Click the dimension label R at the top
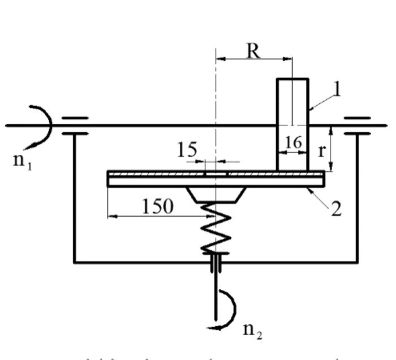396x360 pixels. click(x=253, y=51)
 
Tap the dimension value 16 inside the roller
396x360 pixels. click(x=292, y=142)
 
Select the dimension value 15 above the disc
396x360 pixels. click(x=187, y=150)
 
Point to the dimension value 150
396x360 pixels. click(x=157, y=206)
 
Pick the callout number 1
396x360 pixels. click(x=337, y=90)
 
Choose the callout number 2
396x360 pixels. click(x=336, y=209)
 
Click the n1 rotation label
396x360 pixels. click(x=21, y=160)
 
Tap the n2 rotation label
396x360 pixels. click(x=252, y=331)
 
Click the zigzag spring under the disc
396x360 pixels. click(x=214, y=229)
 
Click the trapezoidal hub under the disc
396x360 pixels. click(x=216, y=194)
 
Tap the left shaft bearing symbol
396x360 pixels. click(x=75, y=125)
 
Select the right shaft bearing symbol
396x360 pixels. click(x=357, y=125)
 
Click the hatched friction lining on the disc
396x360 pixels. click(x=170, y=174)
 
